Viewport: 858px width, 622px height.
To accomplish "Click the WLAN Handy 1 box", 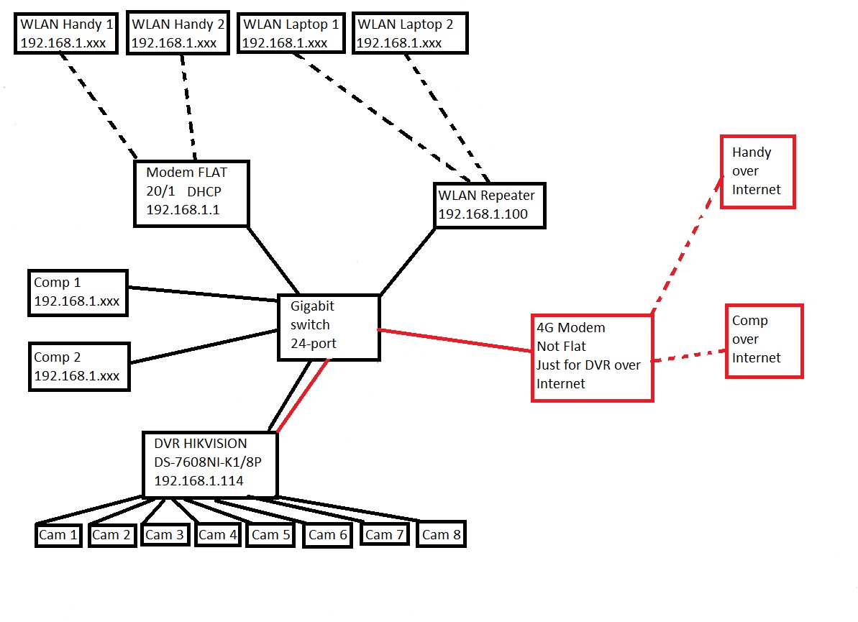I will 66,33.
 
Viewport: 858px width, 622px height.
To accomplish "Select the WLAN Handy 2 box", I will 178,33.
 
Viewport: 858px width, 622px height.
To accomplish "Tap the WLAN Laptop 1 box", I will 290,33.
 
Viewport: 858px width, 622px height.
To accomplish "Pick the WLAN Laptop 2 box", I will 410,33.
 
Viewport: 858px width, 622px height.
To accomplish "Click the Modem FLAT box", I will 191,192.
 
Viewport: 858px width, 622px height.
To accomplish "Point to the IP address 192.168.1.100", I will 483,214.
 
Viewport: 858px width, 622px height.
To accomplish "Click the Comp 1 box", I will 78,292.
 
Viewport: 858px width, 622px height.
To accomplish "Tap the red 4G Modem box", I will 592,356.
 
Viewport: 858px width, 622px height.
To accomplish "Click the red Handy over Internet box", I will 757,171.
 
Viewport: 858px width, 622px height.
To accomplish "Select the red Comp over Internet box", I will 765,339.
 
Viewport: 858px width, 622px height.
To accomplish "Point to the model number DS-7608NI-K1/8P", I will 208,462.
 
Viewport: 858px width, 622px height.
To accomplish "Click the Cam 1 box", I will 58,535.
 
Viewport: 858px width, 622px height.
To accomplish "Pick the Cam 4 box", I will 217,535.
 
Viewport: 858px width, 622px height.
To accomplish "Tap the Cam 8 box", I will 441,535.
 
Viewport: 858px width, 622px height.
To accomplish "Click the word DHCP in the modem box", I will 205,192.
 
